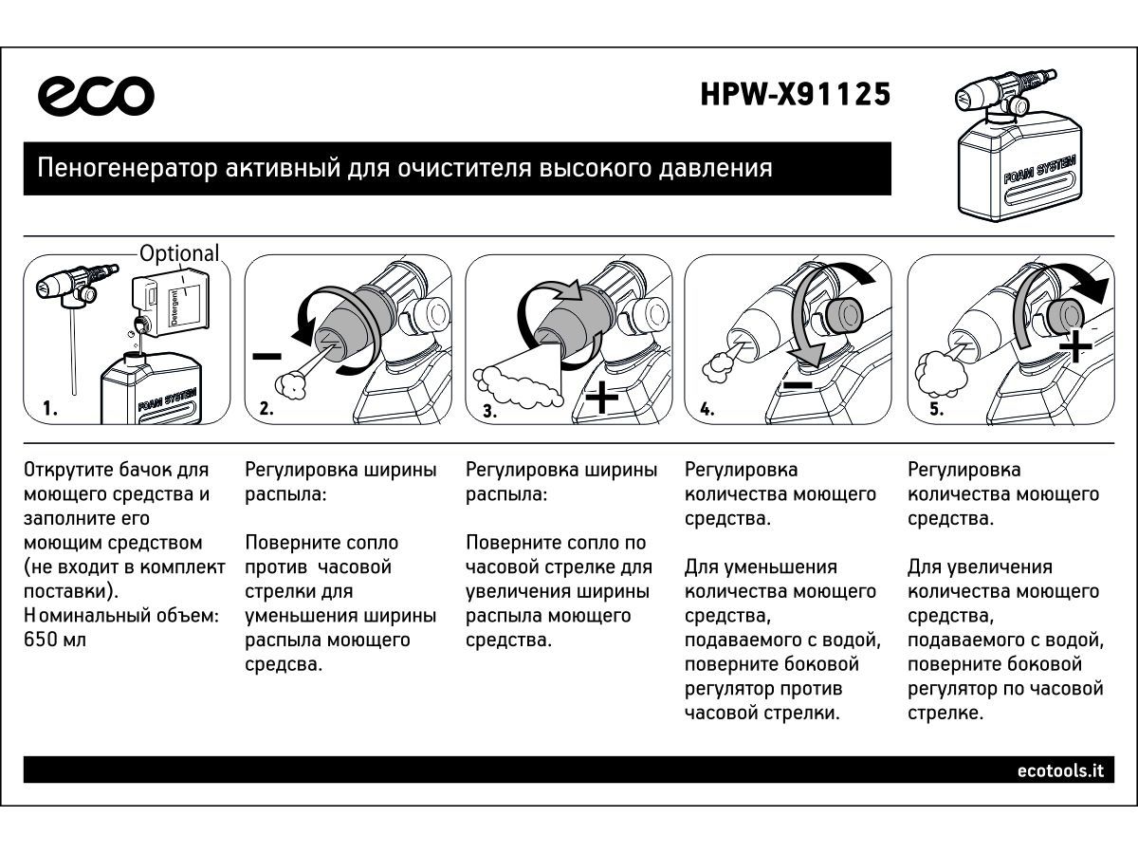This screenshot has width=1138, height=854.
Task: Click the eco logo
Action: pyautogui.click(x=96, y=96)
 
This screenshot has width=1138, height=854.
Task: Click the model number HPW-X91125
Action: pyautogui.click(x=796, y=96)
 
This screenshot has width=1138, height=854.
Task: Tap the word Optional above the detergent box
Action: pyautogui.click(x=179, y=253)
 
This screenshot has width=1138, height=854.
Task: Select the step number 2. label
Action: pyautogui.click(x=266, y=410)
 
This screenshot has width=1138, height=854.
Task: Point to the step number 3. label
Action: pyautogui.click(x=489, y=411)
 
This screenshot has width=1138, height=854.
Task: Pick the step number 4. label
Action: pyautogui.click(x=707, y=410)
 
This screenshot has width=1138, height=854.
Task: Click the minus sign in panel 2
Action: pyautogui.click(x=267, y=357)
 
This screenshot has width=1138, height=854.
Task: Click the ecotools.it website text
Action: pyautogui.click(x=1060, y=770)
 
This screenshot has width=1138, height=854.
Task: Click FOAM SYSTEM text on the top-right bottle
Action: pyautogui.click(x=1038, y=172)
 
